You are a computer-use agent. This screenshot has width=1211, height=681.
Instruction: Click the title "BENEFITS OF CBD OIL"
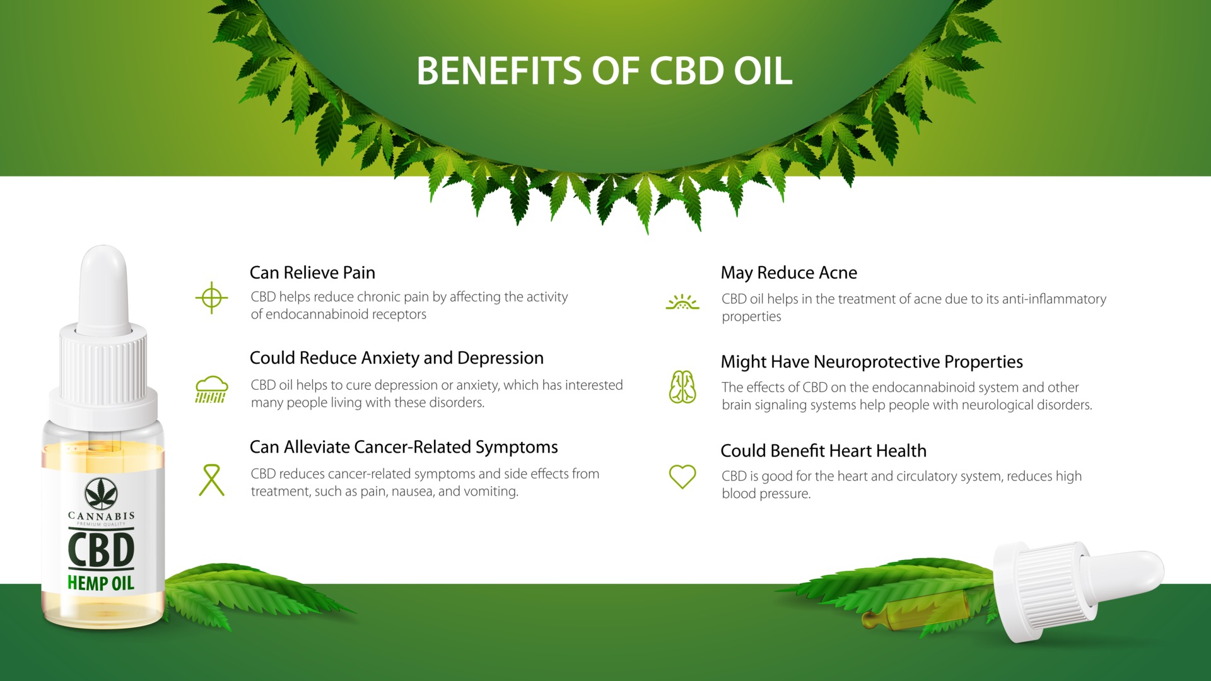[x=604, y=71]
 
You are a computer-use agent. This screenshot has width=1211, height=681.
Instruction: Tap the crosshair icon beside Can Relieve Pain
[x=211, y=297]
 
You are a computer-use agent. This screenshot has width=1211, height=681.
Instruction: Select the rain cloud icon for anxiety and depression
[x=211, y=389]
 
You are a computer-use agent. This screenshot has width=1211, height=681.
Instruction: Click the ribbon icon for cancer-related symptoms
[x=212, y=480]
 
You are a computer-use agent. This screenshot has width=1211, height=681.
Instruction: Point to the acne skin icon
[x=682, y=302]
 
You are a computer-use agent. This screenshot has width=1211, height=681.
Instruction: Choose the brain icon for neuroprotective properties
[x=682, y=387]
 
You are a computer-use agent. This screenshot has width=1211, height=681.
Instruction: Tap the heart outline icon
[x=682, y=477]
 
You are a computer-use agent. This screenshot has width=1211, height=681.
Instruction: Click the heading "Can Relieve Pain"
[x=312, y=272]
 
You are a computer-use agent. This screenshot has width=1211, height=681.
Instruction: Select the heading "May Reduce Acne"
[x=789, y=272]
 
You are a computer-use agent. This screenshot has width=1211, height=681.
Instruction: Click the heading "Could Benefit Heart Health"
[x=824, y=451]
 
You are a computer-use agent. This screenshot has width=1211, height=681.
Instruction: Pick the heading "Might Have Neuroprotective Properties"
[x=872, y=362]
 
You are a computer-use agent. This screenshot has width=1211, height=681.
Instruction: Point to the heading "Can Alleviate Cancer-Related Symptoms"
[x=404, y=447]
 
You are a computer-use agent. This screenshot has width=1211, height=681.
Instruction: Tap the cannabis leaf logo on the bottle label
[x=101, y=493]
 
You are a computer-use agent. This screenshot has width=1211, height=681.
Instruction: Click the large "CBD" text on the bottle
[x=101, y=550]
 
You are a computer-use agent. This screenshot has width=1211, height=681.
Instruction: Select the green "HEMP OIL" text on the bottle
[x=101, y=583]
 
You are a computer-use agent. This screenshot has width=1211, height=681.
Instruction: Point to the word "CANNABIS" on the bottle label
[x=101, y=516]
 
